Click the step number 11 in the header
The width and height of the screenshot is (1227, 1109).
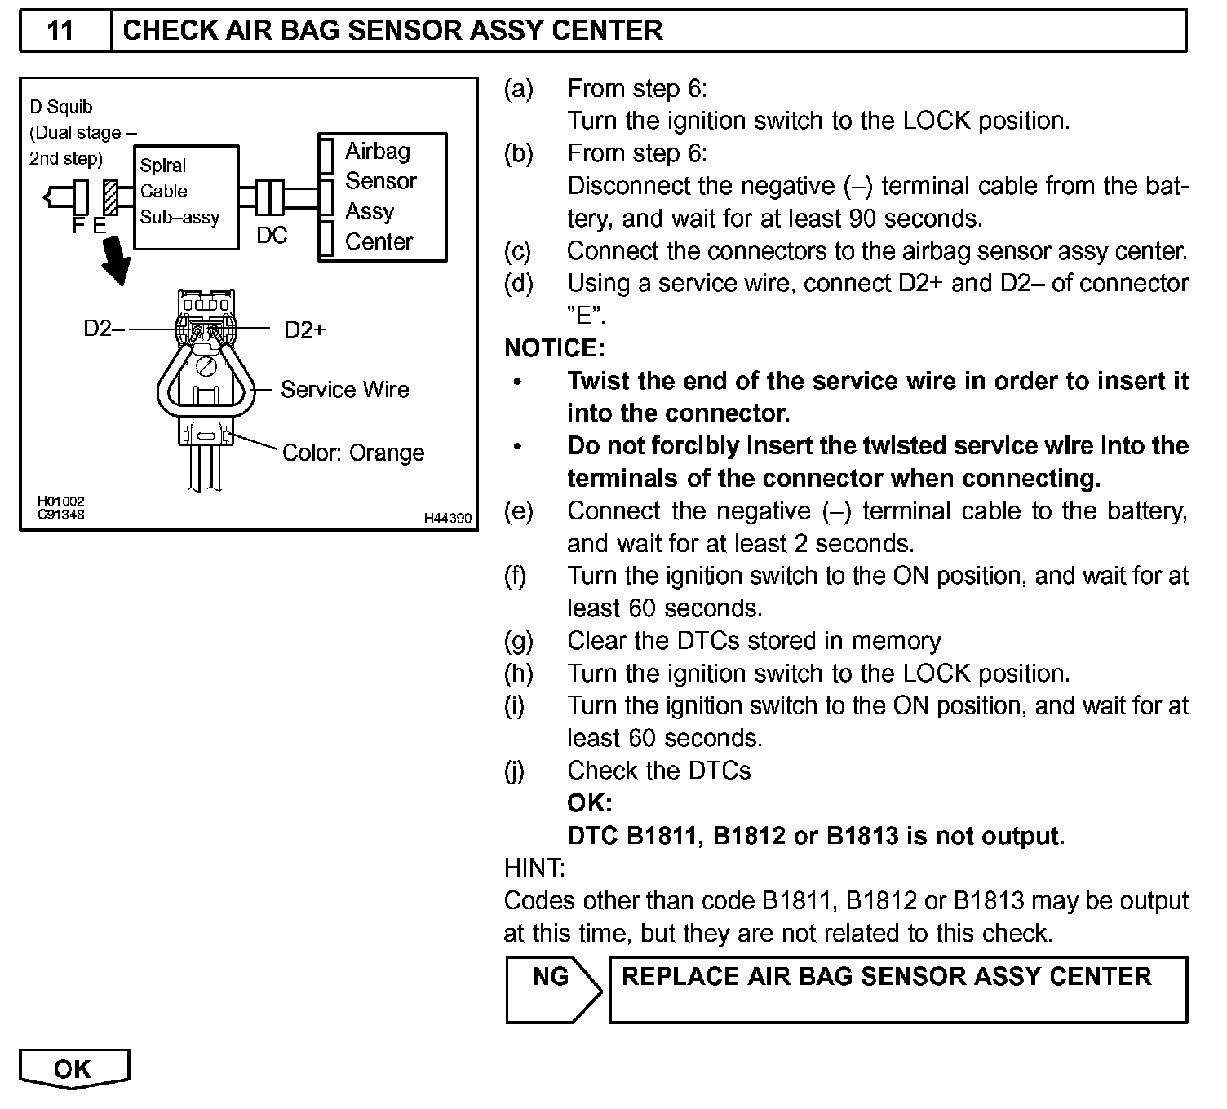(x=60, y=31)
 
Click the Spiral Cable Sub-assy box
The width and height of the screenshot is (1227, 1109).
(x=186, y=197)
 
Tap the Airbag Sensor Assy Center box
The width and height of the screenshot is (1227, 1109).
(x=382, y=197)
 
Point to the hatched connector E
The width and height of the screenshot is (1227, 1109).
(x=110, y=197)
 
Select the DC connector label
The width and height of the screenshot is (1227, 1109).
(x=272, y=236)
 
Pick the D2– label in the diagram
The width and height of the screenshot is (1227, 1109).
(x=104, y=329)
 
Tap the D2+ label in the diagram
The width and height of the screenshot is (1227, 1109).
(x=304, y=329)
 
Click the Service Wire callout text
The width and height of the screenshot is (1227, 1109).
(x=344, y=390)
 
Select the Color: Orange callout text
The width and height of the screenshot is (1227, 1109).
(x=352, y=453)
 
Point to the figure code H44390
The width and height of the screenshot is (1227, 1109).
(x=447, y=519)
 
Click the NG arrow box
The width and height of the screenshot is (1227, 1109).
(x=551, y=988)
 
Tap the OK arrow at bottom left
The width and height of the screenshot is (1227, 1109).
(x=73, y=1069)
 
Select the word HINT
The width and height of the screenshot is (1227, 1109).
(x=534, y=868)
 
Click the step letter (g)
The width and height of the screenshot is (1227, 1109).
(x=519, y=641)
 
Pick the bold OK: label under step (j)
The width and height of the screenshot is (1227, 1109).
(x=589, y=803)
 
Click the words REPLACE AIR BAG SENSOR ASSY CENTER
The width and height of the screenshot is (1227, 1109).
(x=886, y=977)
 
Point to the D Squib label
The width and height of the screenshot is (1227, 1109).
(x=61, y=107)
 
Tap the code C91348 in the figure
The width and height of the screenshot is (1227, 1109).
(x=60, y=515)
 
